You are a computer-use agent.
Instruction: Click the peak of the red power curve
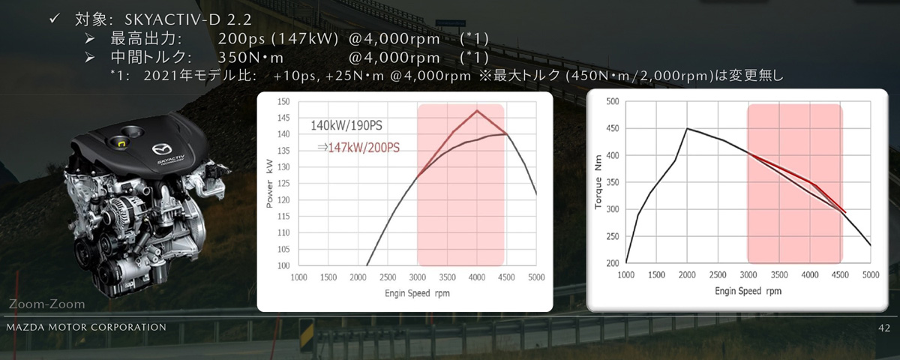[477, 111]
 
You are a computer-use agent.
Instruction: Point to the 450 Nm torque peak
[687, 128]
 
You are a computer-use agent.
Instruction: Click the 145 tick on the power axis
[283, 118]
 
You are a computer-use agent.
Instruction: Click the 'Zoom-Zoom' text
[46, 304]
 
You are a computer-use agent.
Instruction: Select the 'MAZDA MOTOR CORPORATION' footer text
[85, 328]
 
